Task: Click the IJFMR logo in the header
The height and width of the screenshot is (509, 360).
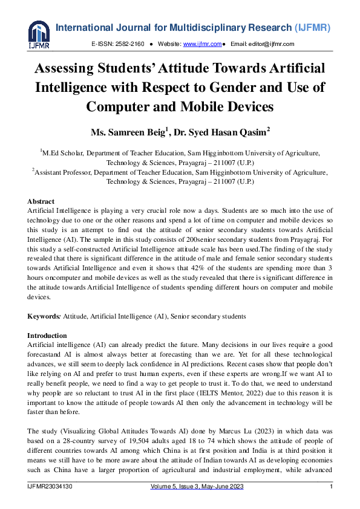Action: [39, 35]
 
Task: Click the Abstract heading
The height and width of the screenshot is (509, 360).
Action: [41, 201]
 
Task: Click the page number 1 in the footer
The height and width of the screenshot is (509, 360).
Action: [331, 487]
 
